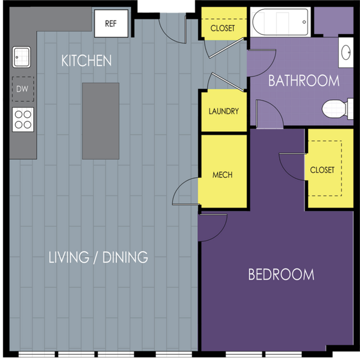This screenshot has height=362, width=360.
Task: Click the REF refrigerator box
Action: tap(111, 23)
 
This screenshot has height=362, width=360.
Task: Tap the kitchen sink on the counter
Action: tap(21, 57)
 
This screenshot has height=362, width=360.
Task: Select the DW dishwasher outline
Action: tap(23, 89)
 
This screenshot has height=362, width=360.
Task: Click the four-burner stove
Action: tap(23, 120)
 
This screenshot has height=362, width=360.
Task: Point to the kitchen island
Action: tap(101, 121)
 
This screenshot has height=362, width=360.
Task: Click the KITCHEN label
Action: tap(86, 61)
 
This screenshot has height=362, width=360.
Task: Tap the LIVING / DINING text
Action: tap(98, 257)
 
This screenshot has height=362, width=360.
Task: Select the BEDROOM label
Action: tap(281, 275)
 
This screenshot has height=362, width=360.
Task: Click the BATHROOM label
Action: tap(304, 81)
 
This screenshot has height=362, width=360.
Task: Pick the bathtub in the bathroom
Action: tap(280, 22)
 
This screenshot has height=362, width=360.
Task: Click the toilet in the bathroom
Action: tap(338, 108)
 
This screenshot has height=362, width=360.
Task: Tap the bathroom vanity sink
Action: tap(346, 53)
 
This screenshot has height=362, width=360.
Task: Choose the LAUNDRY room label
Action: tap(224, 111)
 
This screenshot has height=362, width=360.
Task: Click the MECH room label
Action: tap(223, 175)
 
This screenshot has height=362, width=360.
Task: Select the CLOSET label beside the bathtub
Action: tap(223, 28)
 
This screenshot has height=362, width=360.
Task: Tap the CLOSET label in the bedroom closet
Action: tap(322, 170)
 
